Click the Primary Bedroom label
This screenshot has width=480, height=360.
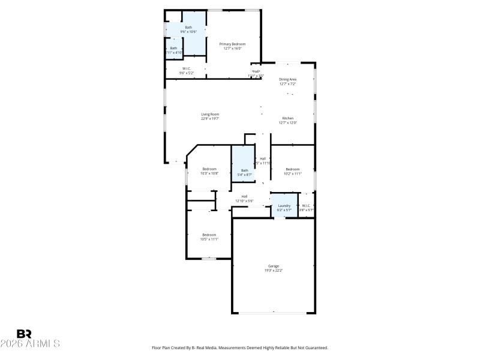point(232,44)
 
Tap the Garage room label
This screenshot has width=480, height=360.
point(274,266)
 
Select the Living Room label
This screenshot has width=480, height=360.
point(210,114)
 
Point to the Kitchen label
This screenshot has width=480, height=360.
point(288,118)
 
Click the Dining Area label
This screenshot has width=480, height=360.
point(288,79)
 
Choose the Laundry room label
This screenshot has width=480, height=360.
point(284,206)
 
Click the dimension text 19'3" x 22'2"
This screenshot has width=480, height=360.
point(274,271)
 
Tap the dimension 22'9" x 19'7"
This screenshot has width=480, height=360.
point(210,119)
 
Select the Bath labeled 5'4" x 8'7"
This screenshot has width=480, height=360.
point(244,170)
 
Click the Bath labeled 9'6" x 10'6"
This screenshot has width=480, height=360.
point(188,28)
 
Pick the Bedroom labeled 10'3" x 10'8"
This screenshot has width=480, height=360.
point(209,169)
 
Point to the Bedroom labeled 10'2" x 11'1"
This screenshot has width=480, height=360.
point(293,169)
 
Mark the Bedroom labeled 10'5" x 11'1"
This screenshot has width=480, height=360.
point(209,235)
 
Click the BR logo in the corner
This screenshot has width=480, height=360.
point(24,334)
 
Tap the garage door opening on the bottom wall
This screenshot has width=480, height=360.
point(273,312)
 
